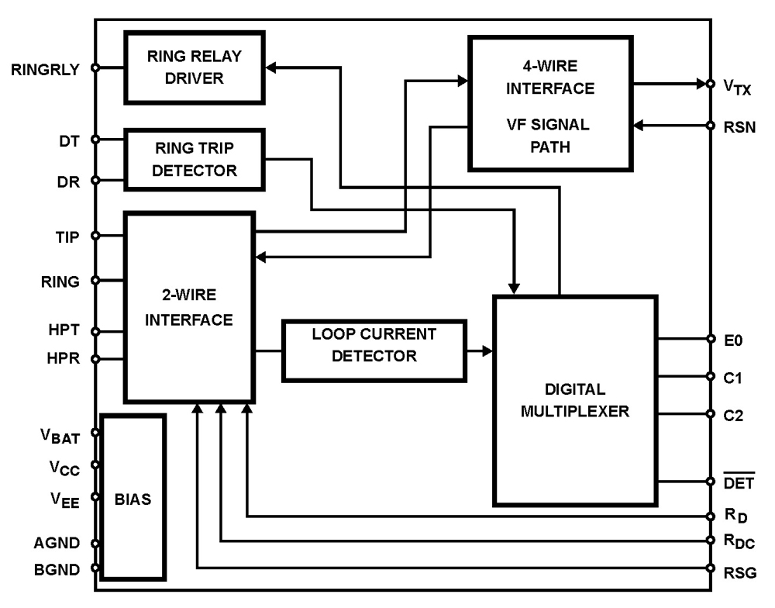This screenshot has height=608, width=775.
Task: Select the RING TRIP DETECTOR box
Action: tap(194, 160)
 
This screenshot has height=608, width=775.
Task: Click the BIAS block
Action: tap(133, 497)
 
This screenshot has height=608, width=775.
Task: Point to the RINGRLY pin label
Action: tap(45, 68)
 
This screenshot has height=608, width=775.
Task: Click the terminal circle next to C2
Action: tap(711, 414)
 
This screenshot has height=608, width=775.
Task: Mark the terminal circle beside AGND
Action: tap(95, 544)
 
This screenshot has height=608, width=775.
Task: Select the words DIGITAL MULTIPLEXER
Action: tap(574, 400)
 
